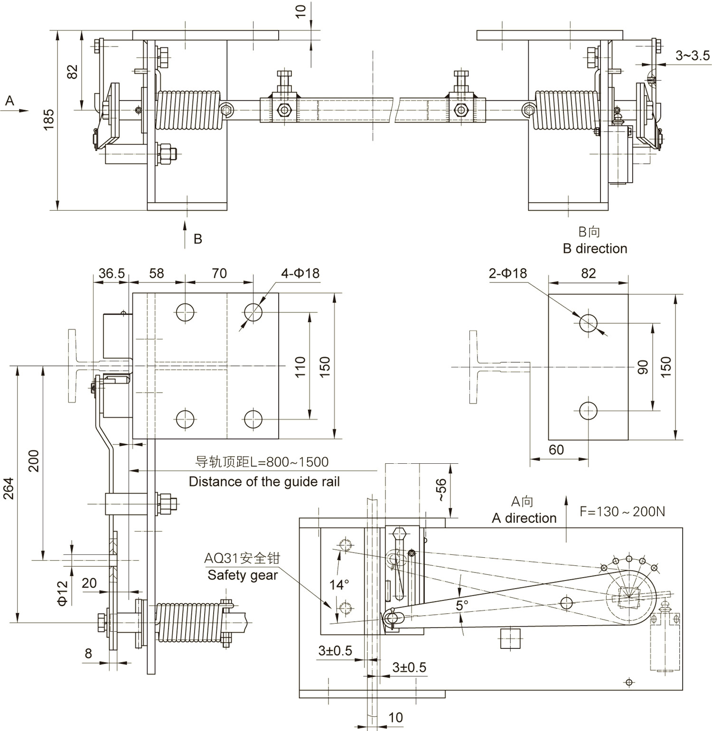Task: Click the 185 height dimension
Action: (x=48, y=120)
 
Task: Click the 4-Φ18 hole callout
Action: (x=300, y=273)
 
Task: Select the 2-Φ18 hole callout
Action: (x=507, y=273)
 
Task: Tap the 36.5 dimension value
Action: (x=112, y=273)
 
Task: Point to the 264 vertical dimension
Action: (x=9, y=488)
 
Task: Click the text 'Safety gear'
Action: (x=243, y=575)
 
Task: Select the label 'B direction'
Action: (x=595, y=249)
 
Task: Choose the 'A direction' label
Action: (x=524, y=518)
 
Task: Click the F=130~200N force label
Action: (x=622, y=511)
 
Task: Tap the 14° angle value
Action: (x=339, y=585)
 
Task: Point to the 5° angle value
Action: (x=462, y=605)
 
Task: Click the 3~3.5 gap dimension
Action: (x=693, y=56)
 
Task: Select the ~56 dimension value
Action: (x=441, y=490)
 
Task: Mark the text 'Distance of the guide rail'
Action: (x=264, y=482)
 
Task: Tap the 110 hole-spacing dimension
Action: (x=300, y=367)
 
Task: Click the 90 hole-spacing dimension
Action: (x=643, y=367)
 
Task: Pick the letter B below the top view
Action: (x=198, y=239)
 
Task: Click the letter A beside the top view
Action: (x=9, y=101)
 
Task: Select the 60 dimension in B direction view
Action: (x=556, y=450)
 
